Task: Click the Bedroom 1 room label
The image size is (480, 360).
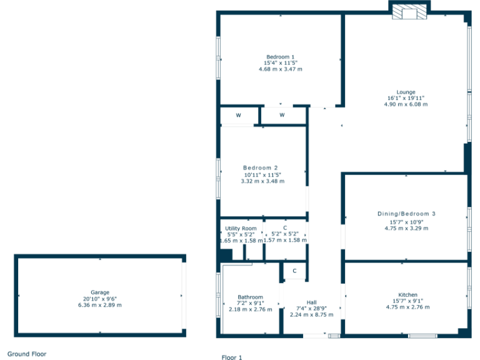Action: pyautogui.click(x=280, y=57)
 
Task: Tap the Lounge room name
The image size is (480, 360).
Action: pyautogui.click(x=406, y=92)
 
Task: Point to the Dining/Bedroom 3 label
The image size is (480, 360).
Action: pyautogui.click(x=406, y=214)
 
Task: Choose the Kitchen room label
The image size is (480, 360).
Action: pyautogui.click(x=407, y=295)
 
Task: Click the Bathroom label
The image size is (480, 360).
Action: pyautogui.click(x=250, y=297)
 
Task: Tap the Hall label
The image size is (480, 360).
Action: pyautogui.click(x=311, y=302)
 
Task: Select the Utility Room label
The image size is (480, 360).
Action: pyautogui.click(x=241, y=229)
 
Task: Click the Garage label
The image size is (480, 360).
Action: pyautogui.click(x=100, y=292)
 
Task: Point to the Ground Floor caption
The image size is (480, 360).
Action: pyautogui.click(x=27, y=354)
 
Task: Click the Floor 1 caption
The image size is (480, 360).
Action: pyautogui.click(x=231, y=357)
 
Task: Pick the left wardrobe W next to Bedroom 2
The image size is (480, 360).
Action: pyautogui.click(x=238, y=116)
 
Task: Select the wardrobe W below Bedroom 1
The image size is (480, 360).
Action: pyautogui.click(x=282, y=115)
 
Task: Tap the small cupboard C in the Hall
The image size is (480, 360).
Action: pyautogui.click(x=294, y=271)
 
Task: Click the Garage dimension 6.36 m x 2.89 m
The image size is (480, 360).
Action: pyautogui.click(x=100, y=305)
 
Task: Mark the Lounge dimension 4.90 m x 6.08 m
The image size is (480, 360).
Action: pyautogui.click(x=406, y=104)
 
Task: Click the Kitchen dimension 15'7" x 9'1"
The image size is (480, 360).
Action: pyautogui.click(x=407, y=301)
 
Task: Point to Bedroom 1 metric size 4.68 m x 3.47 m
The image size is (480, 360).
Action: pyautogui.click(x=280, y=69)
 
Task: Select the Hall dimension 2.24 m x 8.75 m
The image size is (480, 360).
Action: pyautogui.click(x=311, y=315)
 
